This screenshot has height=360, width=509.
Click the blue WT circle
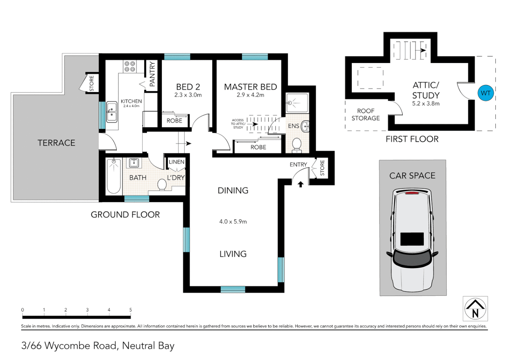(x=485, y=93)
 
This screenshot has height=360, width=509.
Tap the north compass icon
(x=475, y=309)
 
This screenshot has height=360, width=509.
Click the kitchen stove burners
(x=129, y=66)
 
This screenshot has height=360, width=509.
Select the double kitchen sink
(x=112, y=112)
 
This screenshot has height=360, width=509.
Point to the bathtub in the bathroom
(x=114, y=176)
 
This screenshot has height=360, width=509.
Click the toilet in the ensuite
(x=296, y=145)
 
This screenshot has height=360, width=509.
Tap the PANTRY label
(x=152, y=74)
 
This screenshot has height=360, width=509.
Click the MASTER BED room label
(x=251, y=87)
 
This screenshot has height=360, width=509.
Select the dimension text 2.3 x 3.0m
(x=188, y=95)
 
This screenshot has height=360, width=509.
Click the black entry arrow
(x=300, y=184)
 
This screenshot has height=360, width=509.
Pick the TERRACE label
(x=56, y=143)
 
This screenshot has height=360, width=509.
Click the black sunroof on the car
(x=412, y=239)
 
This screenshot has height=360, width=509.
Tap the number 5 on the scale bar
(x=131, y=310)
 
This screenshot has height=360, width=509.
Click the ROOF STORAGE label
(x=365, y=115)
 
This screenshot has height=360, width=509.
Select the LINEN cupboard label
(x=176, y=162)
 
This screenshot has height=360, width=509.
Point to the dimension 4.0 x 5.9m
(x=233, y=222)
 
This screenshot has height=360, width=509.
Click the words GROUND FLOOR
(x=125, y=215)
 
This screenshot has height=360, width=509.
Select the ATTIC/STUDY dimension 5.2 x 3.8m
(x=426, y=104)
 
